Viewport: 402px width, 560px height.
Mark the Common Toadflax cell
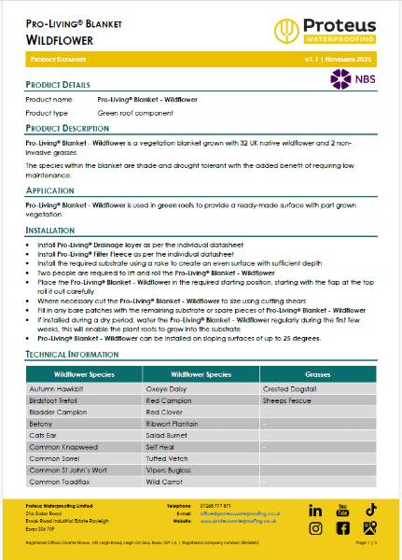point(61,483)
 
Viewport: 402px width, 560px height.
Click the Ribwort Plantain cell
point(173,422)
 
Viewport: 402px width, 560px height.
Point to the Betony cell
point(42,422)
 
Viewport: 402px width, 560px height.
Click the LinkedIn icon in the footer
point(315,511)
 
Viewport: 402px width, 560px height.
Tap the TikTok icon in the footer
point(370,510)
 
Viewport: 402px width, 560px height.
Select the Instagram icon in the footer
point(315,528)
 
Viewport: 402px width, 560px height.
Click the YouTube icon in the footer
point(342,510)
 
